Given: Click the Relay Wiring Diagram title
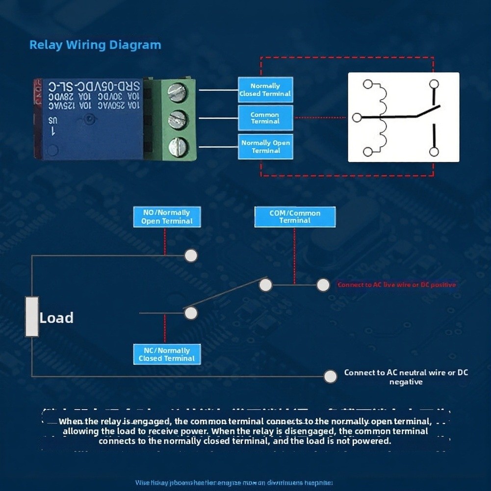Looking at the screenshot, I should (x=95, y=45).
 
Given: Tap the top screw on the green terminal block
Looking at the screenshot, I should (x=177, y=92).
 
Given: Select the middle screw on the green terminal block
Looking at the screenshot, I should (x=177, y=120).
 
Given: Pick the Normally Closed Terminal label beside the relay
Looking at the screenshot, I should (x=265, y=90).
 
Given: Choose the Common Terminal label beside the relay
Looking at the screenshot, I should (x=265, y=118).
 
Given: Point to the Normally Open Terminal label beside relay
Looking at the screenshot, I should (x=265, y=147).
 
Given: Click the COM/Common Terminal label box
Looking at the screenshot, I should (x=295, y=217).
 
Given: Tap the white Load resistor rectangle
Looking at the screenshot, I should (x=32, y=317).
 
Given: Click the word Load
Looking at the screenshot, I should (x=56, y=318).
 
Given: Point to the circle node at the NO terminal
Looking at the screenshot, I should (x=191, y=256).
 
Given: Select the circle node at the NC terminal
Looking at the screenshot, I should (x=191, y=313).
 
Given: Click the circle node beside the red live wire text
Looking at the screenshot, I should (x=323, y=285).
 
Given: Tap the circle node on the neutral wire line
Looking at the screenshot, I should (x=331, y=376).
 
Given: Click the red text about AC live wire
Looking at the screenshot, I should (x=396, y=285).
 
